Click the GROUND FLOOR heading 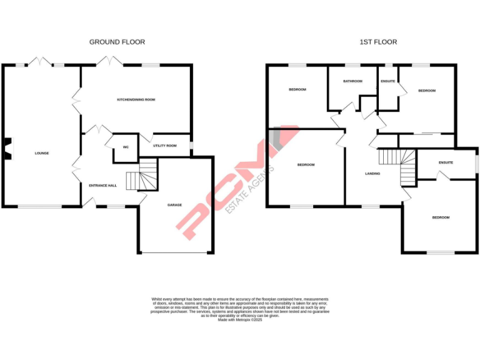point(117,42)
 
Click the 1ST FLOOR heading point(378,42)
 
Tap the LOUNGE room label point(42,153)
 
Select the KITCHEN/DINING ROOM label point(136,100)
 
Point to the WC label point(126,147)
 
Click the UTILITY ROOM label point(165,146)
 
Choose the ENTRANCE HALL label point(102,185)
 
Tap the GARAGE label point(174,205)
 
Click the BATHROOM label point(352,81)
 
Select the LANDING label point(372,174)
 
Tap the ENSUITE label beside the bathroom point(387,81)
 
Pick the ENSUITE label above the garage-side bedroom point(445,162)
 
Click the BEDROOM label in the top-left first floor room point(297,90)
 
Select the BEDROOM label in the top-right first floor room point(427,91)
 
